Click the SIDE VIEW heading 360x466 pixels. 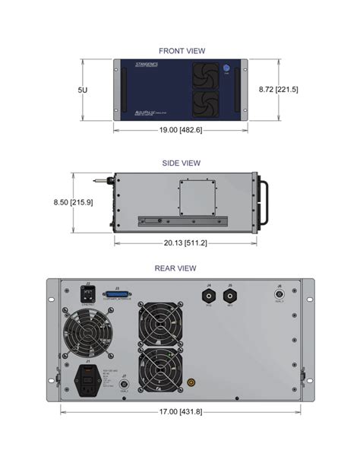(181, 163)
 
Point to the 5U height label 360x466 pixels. (82, 90)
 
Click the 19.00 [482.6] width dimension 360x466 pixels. (181, 130)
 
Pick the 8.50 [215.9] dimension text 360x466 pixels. (69, 202)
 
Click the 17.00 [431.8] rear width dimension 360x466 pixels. (179, 411)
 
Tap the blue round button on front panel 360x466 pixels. (226, 69)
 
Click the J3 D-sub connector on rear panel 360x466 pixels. (118, 296)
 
